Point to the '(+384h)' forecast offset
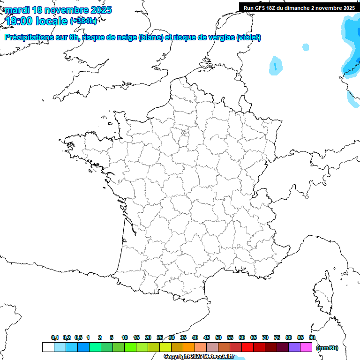pos(83,21)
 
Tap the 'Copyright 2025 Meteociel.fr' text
pos(199,356)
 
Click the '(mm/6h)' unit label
pos(327,347)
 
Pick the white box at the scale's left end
pos(48,347)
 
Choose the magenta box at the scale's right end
pos(306,347)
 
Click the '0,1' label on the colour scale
pos(55,337)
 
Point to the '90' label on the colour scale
pos(312,337)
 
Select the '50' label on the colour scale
pos(218,337)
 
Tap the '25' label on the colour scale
pos(160,337)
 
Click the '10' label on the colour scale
pos(125,337)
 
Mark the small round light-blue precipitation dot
pos(306,47)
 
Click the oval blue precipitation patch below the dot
pos(276,66)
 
